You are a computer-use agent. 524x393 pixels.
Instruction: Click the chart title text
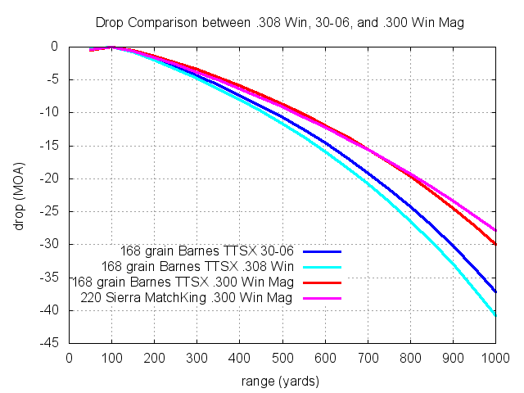coord(279,23)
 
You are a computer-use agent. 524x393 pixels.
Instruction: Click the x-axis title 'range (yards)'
coord(279,381)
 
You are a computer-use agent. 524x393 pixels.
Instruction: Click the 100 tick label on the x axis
coord(112,358)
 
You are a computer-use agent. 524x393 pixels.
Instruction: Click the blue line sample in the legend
coord(321,251)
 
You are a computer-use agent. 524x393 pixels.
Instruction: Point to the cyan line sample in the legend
coord(321,266)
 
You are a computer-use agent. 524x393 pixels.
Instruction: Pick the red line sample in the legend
coord(321,282)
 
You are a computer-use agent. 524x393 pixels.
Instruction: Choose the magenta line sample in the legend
coord(321,297)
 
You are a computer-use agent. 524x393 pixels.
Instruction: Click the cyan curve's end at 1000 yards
coord(495,315)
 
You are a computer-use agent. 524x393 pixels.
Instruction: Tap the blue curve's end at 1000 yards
coord(495,291)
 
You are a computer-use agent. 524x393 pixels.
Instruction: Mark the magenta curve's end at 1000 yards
coord(495,230)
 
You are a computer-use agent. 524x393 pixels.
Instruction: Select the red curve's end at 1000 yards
coord(495,244)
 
